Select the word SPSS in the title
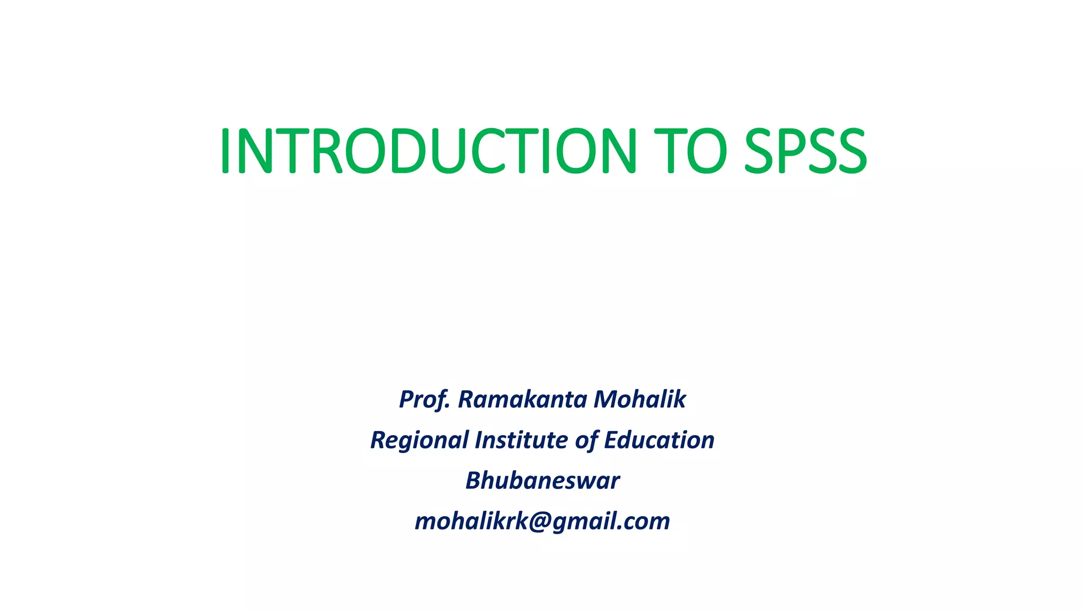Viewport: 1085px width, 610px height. click(805, 151)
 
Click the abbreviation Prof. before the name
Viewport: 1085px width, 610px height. click(424, 399)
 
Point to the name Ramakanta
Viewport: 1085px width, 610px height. click(522, 399)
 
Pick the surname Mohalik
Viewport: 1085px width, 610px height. click(639, 399)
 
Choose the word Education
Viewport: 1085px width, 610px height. click(659, 440)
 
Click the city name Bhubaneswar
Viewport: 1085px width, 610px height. click(542, 481)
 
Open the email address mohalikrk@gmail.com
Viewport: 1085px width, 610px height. click(542, 522)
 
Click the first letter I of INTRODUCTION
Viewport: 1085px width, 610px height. click(225, 151)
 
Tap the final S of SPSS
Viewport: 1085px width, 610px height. click(849, 151)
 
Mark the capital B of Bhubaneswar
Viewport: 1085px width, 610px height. click(473, 481)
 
